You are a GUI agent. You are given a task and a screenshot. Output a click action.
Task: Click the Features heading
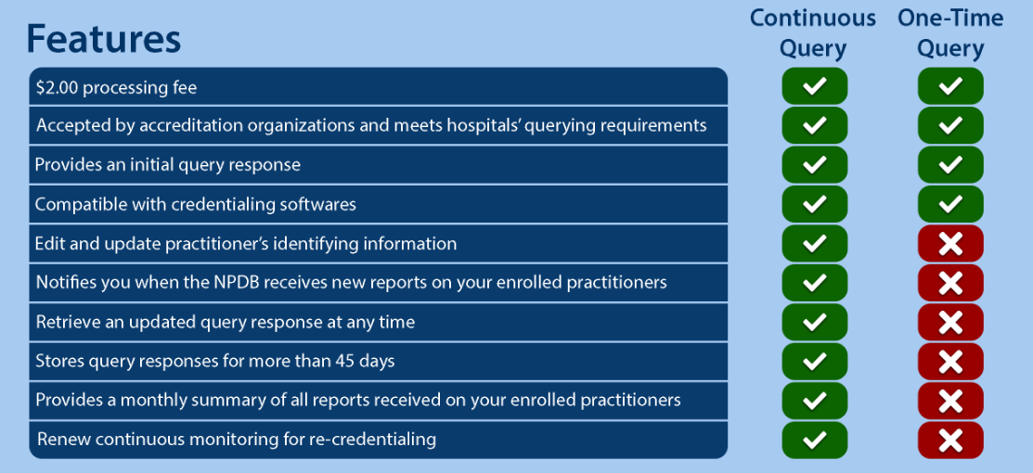[103, 39]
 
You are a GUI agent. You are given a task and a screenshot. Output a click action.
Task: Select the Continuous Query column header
[813, 33]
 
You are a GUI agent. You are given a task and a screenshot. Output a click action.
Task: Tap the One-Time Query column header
[950, 33]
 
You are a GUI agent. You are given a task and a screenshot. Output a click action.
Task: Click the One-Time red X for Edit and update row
[950, 244]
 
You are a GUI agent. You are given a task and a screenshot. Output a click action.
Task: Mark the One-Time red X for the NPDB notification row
[950, 283]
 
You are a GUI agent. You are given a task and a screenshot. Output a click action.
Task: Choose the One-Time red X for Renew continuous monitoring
[950, 440]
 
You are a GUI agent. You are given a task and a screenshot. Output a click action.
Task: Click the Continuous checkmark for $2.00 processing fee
[814, 86]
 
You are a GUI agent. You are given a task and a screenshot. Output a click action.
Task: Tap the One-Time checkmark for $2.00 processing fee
[950, 86]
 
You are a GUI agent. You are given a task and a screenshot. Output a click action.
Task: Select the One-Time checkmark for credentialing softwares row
[950, 204]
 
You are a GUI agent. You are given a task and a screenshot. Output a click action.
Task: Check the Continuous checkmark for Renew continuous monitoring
[814, 440]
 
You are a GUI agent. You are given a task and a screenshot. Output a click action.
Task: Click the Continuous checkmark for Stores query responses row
[814, 361]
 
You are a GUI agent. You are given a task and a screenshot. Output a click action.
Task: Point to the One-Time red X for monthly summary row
[950, 401]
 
